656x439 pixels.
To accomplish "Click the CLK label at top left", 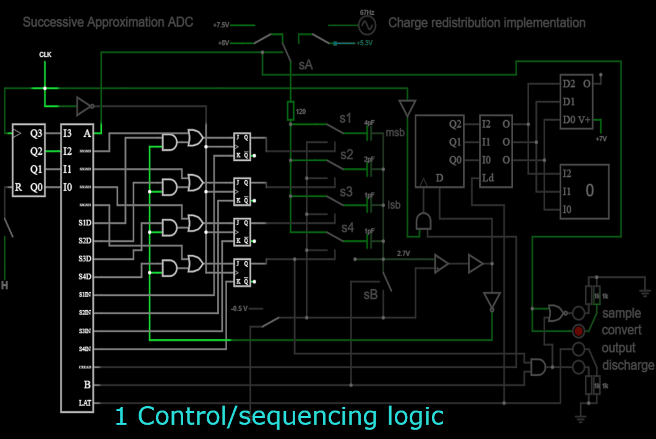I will [45, 55].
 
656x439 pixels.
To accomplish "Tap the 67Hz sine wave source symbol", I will [366, 25].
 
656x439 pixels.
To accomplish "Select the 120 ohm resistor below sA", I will [290, 111].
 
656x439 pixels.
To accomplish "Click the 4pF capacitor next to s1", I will [370, 133].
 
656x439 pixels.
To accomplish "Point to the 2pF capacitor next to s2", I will [370, 169].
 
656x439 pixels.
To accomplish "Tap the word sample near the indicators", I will [622, 313].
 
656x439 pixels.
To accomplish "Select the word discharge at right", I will [628, 365].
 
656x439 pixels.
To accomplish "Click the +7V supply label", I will [601, 139].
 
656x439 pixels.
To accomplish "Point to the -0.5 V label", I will [240, 308].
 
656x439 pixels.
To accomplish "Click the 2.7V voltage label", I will [403, 254].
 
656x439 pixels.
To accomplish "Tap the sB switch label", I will [370, 295].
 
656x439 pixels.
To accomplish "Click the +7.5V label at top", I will [221, 25].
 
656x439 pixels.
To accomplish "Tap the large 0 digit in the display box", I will [589, 191].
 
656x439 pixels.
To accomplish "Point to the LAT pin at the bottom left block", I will [85, 402].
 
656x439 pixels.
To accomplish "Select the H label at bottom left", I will [4, 285].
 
